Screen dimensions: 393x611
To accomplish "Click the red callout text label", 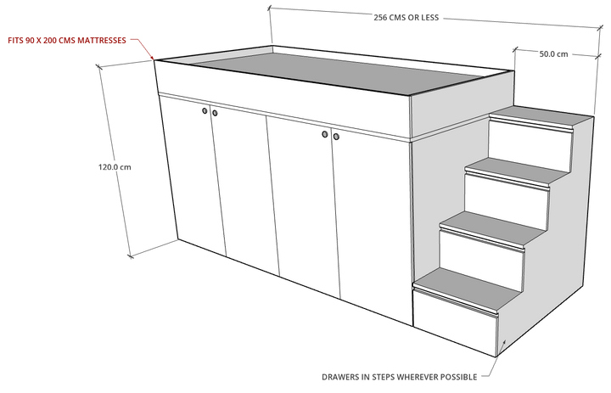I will (67, 40).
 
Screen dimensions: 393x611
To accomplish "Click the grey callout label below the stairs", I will (400, 375).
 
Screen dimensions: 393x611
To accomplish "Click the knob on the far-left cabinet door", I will (205, 110).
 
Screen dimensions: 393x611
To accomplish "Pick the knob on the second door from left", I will (215, 113).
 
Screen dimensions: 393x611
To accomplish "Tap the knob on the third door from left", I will (326, 133).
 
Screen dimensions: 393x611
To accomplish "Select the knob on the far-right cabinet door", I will (337, 136).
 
